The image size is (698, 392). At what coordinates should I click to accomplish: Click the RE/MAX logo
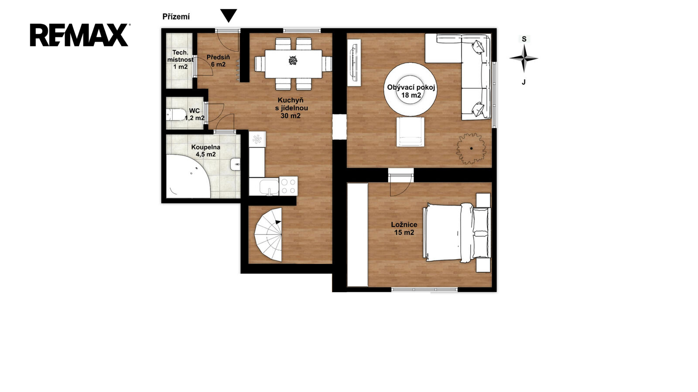(79, 35)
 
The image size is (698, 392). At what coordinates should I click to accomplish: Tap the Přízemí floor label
(176, 17)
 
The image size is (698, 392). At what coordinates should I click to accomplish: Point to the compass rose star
(524, 58)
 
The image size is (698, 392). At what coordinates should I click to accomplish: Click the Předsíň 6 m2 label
(218, 61)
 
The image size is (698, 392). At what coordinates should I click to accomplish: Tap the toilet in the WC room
(175, 115)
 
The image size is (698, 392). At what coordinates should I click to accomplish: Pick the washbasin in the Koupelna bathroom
(235, 164)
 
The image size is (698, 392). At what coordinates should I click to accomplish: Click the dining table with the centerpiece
(293, 64)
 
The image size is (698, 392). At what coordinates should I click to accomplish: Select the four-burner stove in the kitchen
(288, 186)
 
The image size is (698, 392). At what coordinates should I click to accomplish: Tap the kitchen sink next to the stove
(269, 187)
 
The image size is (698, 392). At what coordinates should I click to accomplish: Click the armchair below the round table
(410, 132)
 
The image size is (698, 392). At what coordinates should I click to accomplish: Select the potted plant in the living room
(471, 149)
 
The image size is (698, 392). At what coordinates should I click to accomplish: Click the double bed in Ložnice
(457, 233)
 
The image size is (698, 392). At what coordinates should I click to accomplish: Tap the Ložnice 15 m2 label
(404, 228)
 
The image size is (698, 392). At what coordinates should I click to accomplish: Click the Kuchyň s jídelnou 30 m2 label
(291, 108)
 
